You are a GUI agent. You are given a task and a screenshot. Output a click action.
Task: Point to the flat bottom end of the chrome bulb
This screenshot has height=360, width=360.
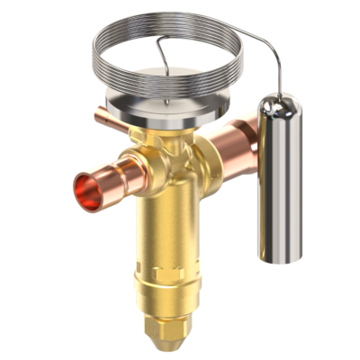(280, 258)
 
